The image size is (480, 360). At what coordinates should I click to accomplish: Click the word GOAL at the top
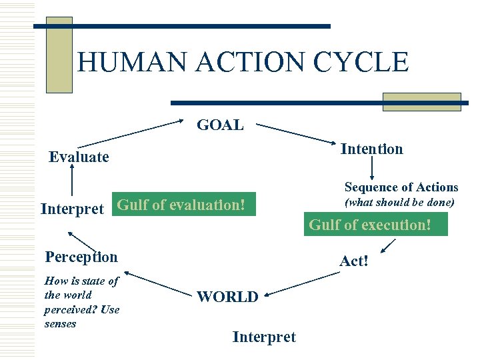[220, 125]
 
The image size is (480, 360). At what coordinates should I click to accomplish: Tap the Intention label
[371, 149]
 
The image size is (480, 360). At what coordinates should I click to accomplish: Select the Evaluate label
[79, 157]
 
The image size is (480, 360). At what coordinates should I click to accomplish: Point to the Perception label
[81, 257]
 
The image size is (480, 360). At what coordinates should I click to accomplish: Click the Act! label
[353, 261]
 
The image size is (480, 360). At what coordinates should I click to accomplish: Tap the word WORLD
[227, 297]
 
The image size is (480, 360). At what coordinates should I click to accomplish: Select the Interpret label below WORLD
[263, 337]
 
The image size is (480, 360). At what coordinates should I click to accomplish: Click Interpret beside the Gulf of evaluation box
[72, 209]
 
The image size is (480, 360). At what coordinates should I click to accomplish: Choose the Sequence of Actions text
[401, 187]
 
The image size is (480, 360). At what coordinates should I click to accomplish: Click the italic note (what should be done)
[399, 202]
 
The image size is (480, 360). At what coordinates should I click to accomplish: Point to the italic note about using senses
[81, 302]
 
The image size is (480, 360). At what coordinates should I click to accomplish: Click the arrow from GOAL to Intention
[297, 133]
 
